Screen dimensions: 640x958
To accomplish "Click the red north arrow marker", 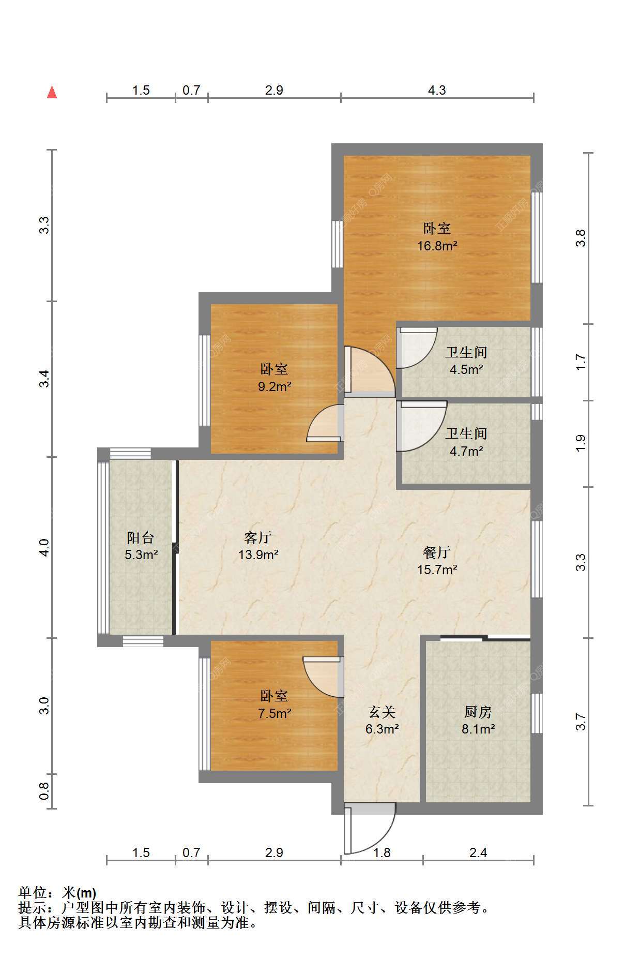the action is coord(52,92).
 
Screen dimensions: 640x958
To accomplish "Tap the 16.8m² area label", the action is coord(437,246).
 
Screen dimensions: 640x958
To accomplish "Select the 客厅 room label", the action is coord(258,537).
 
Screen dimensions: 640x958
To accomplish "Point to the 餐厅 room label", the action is coord(437,552).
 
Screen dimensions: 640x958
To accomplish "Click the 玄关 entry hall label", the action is coord(382,712).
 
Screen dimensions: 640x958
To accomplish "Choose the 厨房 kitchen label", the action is coord(478,712).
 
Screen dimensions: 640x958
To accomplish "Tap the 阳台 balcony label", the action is coord(141,537).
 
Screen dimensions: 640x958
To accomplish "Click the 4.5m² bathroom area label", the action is coord(466,369).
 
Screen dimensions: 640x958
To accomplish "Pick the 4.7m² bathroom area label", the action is coord(466,451).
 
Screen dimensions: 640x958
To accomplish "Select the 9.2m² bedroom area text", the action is coord(275,386).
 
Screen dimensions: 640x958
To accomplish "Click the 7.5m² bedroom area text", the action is coord(275,713).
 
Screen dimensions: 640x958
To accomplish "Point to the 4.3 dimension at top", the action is coord(437,90).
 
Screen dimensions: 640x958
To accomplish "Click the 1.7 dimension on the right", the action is coord(581,362).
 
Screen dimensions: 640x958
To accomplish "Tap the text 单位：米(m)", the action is coord(57,893).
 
